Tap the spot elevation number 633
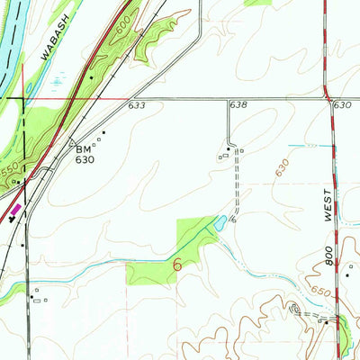(136, 106)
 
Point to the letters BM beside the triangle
(84, 148)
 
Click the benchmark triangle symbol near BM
(73, 140)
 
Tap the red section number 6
(177, 265)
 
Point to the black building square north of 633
(92, 78)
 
